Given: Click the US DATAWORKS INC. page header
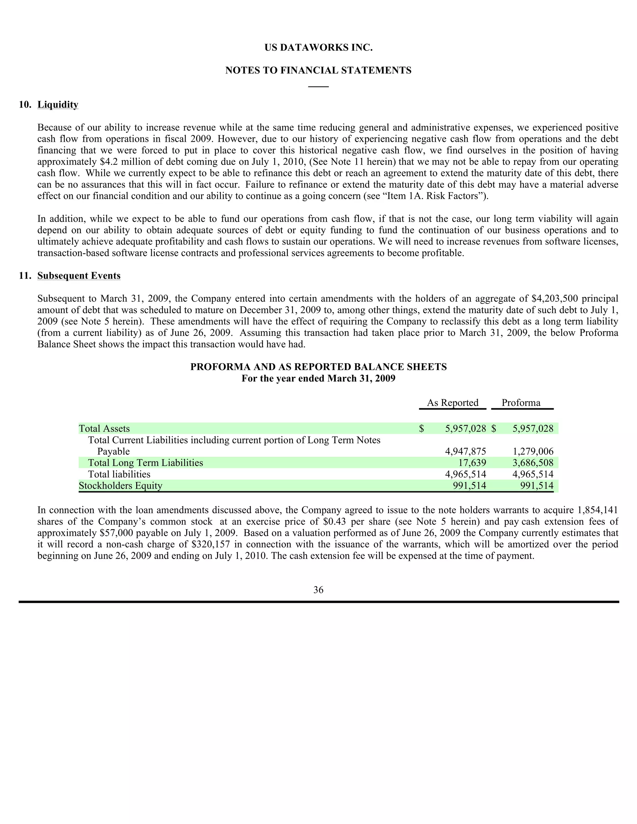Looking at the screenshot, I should point(318,48).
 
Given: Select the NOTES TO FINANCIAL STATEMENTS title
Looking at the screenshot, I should point(318,71).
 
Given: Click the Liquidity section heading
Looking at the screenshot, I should point(58,104).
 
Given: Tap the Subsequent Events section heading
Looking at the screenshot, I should point(79,276).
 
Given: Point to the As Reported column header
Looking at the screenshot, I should point(453,403).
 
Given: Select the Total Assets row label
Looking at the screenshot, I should point(104,428).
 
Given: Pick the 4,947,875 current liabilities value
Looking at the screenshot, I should point(465,451).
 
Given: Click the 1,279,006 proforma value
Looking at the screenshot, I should point(533,451).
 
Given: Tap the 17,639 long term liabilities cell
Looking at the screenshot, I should point(472,463).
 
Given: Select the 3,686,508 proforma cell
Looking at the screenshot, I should point(533,463).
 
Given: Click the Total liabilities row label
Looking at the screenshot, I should point(119,474).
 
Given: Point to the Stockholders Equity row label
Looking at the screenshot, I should point(120,486).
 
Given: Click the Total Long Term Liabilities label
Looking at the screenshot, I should point(145,463).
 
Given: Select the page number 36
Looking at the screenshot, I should point(318,590).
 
